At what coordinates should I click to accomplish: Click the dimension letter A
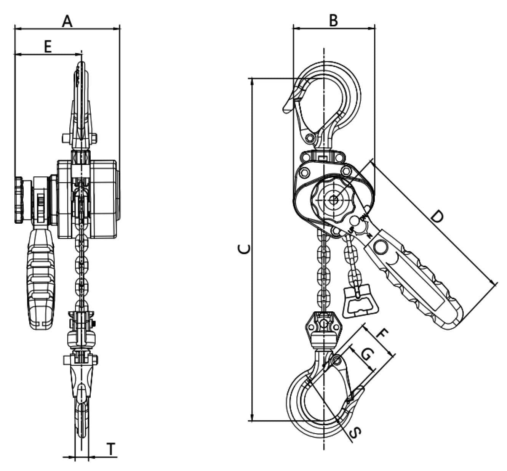pyautogui.click(x=67, y=21)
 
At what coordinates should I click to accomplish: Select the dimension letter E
pyautogui.click(x=48, y=47)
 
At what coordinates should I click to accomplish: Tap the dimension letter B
pyautogui.click(x=333, y=20)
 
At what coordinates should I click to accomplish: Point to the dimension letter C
pyautogui.click(x=244, y=249)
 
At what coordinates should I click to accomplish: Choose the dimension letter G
pyautogui.click(x=368, y=354)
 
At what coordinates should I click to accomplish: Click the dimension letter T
pyautogui.click(x=111, y=449)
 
